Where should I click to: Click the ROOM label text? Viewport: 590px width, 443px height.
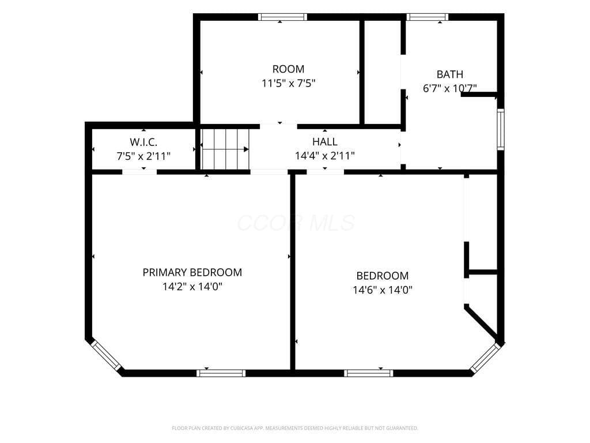(x=288, y=69)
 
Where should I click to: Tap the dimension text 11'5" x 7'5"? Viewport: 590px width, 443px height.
(x=288, y=83)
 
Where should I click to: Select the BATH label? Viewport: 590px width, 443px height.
(x=449, y=74)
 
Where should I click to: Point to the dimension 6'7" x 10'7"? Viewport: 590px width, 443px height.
(x=449, y=88)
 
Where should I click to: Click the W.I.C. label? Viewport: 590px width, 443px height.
(x=143, y=142)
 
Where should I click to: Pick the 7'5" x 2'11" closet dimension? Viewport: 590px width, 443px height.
(x=143, y=156)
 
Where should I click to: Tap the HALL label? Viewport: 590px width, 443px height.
(x=325, y=142)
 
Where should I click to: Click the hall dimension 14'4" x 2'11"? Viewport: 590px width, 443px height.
(x=325, y=156)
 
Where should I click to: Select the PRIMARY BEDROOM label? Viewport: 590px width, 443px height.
(x=192, y=272)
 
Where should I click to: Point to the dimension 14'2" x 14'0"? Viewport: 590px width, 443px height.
(x=192, y=287)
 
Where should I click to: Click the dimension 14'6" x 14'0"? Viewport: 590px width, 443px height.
(x=383, y=290)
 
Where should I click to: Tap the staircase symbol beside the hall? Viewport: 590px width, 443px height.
(x=225, y=149)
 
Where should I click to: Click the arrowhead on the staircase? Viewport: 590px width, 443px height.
(x=246, y=149)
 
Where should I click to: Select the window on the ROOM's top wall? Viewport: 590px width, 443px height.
(x=282, y=17)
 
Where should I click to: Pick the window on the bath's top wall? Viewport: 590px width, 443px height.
(x=427, y=17)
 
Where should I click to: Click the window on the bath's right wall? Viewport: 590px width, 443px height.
(x=501, y=130)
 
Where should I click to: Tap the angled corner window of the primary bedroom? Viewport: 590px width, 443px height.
(x=106, y=355)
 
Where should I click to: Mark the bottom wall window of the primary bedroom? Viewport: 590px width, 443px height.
(x=221, y=373)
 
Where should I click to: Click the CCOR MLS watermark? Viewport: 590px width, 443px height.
(x=296, y=223)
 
